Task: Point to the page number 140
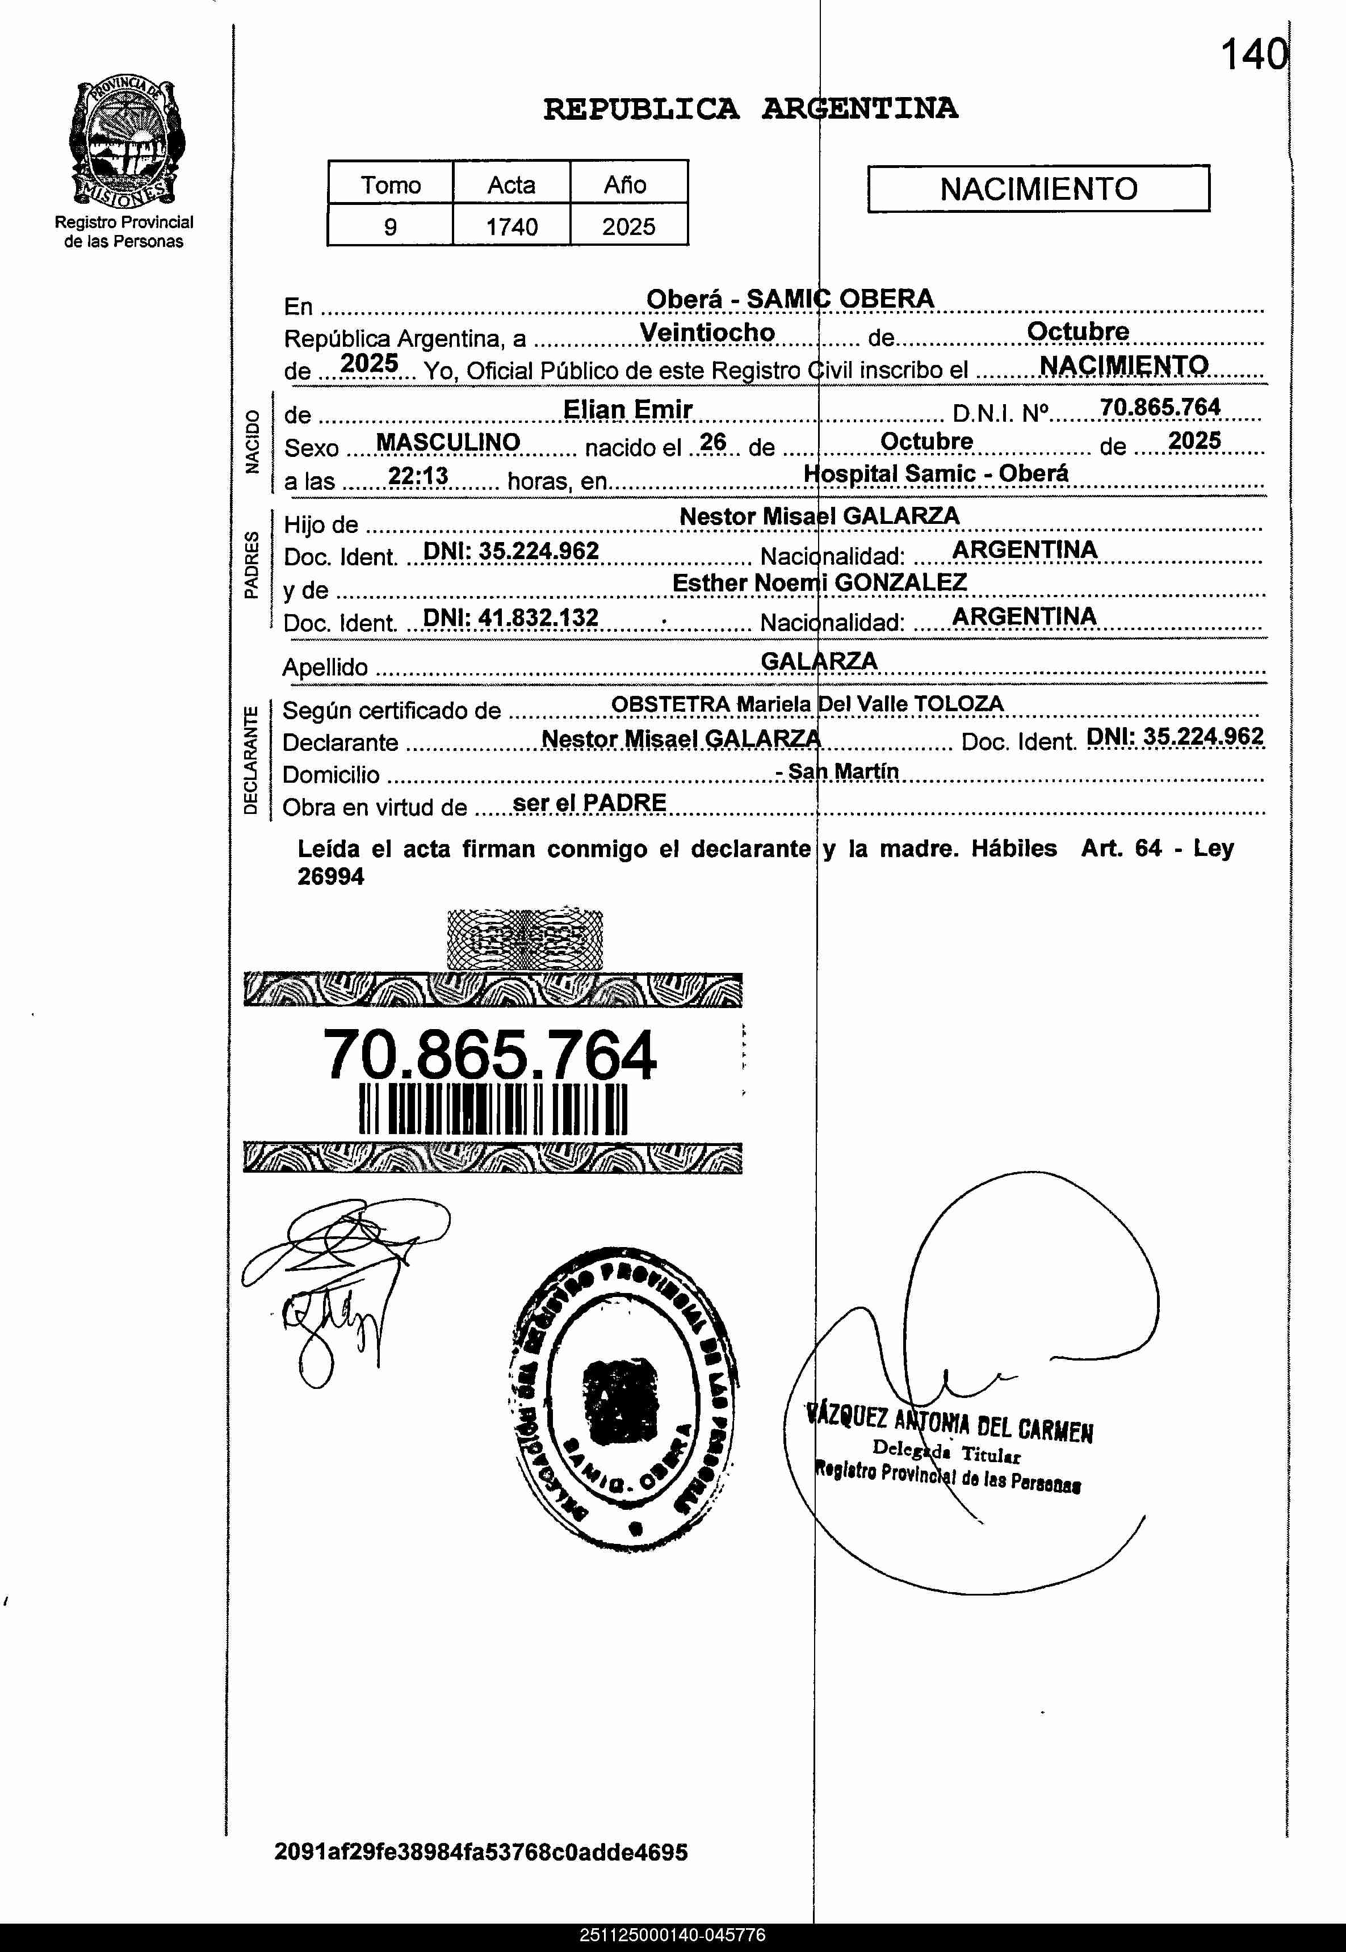tap(1254, 56)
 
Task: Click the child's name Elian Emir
tap(627, 410)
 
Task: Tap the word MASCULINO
tap(448, 443)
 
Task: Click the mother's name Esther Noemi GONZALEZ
tap(819, 583)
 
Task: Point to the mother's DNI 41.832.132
tap(510, 618)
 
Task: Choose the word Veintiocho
tap(707, 333)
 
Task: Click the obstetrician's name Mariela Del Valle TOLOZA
tap(869, 704)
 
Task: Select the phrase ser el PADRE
tap(589, 803)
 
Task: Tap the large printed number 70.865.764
tap(489, 1055)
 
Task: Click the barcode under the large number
tap(493, 1109)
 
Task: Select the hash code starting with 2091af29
tap(481, 1853)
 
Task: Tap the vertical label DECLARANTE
tap(250, 761)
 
